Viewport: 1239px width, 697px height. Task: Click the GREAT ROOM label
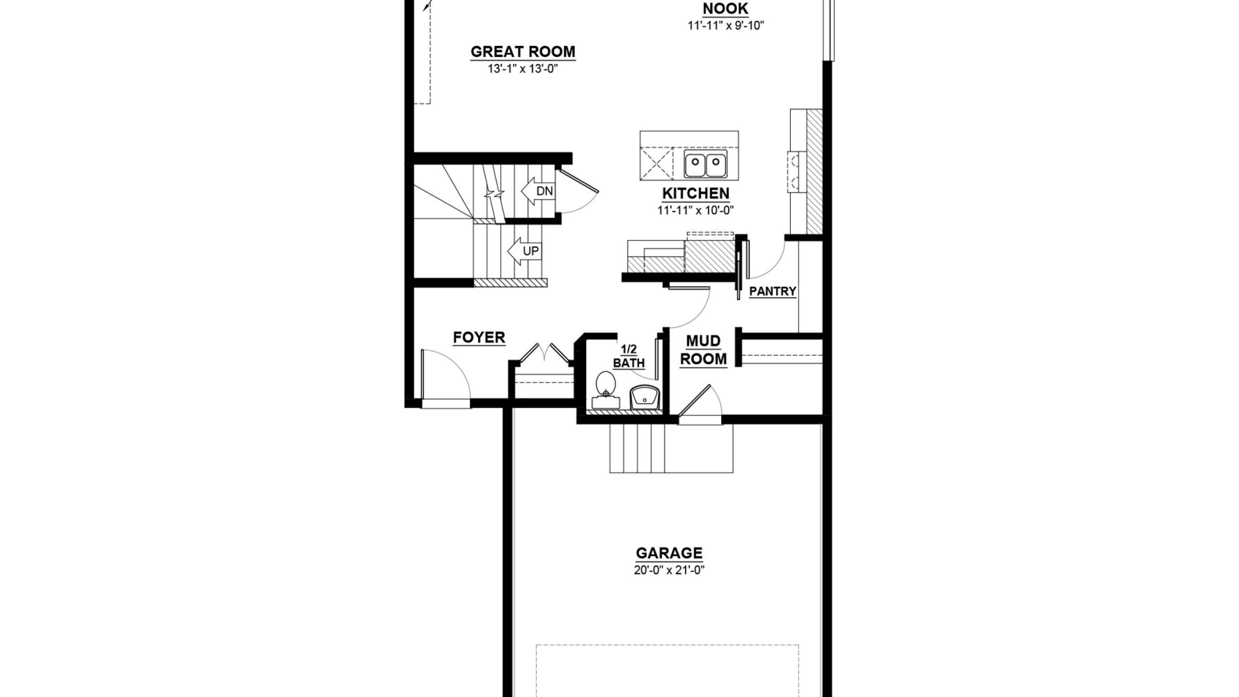(x=523, y=52)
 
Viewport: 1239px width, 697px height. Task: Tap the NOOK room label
(x=725, y=9)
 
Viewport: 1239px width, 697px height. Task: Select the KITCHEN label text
(x=695, y=194)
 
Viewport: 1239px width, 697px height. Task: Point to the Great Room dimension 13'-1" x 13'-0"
(x=523, y=69)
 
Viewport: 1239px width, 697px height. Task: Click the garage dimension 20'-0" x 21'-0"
(x=669, y=570)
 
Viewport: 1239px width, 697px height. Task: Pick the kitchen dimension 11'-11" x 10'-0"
(x=695, y=211)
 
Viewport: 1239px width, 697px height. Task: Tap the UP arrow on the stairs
(x=524, y=251)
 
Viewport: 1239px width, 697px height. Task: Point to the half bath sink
(x=645, y=397)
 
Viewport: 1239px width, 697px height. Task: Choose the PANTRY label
(x=772, y=291)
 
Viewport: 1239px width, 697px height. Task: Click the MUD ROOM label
(x=704, y=350)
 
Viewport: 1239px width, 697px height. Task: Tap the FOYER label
(x=479, y=337)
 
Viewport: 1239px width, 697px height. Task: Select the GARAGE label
(x=669, y=553)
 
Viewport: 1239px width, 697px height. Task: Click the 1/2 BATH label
(x=629, y=356)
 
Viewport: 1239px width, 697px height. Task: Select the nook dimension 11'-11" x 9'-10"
(x=726, y=26)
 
